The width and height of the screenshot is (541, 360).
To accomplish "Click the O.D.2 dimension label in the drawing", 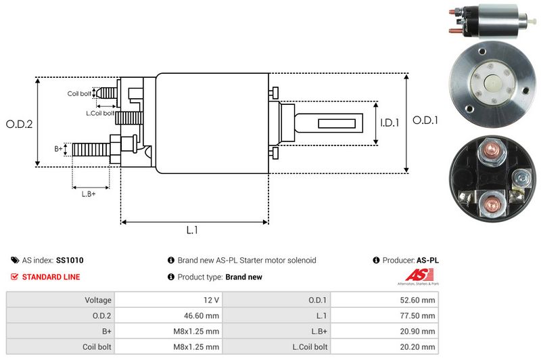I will click(20, 124).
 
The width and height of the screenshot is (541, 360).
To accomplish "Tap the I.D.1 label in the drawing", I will click(390, 122).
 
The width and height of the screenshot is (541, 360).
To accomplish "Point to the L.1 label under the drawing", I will click(192, 230).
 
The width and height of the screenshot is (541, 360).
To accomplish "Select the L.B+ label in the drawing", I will click(89, 194).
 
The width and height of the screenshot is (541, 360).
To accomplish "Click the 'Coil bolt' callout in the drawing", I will click(79, 93).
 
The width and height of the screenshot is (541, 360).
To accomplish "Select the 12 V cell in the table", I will click(210, 299).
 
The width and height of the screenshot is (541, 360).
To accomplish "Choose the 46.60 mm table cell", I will click(202, 315).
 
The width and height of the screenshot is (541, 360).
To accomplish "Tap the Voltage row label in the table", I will click(98, 299).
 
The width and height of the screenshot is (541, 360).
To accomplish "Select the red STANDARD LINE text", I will click(51, 277).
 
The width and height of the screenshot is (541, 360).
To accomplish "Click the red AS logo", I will click(414, 275).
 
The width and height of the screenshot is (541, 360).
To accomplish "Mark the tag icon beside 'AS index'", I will click(15, 260).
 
